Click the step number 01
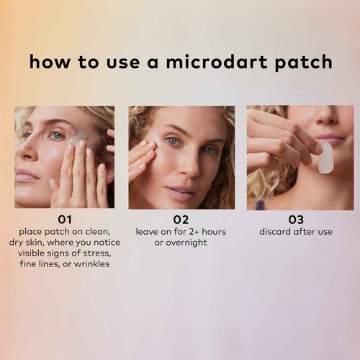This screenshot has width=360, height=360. click(65, 220)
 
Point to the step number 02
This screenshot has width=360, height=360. click(181, 220)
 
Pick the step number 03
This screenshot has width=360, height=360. click(296, 220)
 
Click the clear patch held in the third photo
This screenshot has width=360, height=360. click(326, 157)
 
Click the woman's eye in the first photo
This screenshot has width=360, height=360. click(57, 135)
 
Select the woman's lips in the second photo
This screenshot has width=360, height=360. click(179, 193)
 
